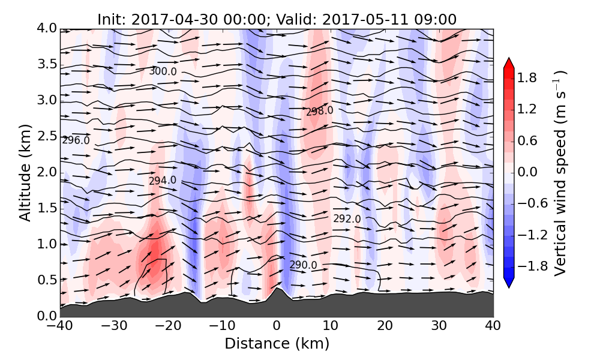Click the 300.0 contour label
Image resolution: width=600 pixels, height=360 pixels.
click(163, 71)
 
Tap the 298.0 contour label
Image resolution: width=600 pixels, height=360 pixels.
click(319, 111)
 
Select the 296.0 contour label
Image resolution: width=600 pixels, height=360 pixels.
click(76, 140)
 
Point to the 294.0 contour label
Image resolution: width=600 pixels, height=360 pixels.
click(163, 181)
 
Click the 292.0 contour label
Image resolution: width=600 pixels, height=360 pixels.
click(347, 219)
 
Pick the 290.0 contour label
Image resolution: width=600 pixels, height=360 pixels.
click(303, 265)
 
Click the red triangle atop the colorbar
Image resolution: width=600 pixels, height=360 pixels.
click(509, 62)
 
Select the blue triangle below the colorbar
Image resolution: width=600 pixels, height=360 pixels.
click(509, 283)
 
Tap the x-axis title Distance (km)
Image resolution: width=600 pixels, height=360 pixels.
click(277, 344)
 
